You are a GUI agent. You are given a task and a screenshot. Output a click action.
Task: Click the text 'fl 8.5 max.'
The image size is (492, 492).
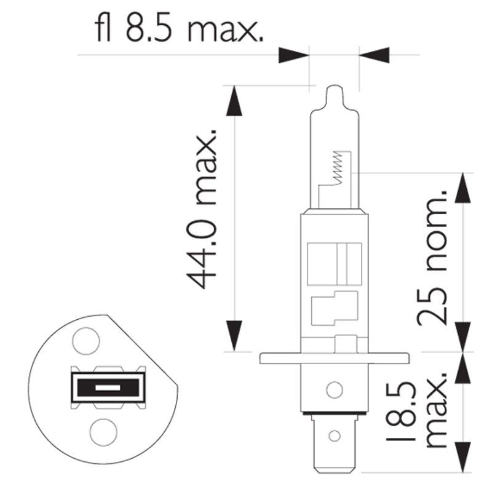179,27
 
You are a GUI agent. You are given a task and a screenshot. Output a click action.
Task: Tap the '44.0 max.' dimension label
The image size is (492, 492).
202,208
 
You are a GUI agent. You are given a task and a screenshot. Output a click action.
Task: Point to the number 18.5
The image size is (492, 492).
401,411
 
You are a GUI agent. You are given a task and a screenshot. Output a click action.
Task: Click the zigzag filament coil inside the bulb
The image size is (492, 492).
337,168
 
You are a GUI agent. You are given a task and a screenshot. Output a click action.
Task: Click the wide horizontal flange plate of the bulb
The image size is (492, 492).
335,359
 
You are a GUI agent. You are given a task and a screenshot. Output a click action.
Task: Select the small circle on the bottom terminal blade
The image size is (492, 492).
335,436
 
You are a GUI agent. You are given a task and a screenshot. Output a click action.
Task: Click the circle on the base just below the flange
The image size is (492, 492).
335,390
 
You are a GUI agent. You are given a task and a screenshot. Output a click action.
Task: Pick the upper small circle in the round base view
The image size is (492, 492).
86,341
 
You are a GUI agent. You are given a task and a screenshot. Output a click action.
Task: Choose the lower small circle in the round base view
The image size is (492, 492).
103,432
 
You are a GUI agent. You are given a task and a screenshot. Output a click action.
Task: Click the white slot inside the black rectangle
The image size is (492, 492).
108,388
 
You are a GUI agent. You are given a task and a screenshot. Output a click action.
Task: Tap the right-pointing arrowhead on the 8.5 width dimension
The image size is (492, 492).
294,55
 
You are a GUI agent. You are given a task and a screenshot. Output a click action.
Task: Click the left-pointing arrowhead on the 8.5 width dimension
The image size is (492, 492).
374,55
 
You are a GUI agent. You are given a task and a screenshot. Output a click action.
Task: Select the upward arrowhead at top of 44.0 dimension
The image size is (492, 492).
234,101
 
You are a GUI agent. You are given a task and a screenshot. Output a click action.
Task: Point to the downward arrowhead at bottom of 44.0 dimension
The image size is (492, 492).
234,336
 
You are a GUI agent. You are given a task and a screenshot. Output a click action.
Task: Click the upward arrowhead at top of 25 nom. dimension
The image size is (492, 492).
463,188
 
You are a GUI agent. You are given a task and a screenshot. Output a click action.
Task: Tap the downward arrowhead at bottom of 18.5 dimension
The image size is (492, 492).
463,457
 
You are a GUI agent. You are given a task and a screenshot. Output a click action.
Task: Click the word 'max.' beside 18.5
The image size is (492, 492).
435,410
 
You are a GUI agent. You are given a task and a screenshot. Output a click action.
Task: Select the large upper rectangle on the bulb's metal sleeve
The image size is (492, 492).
335,264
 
